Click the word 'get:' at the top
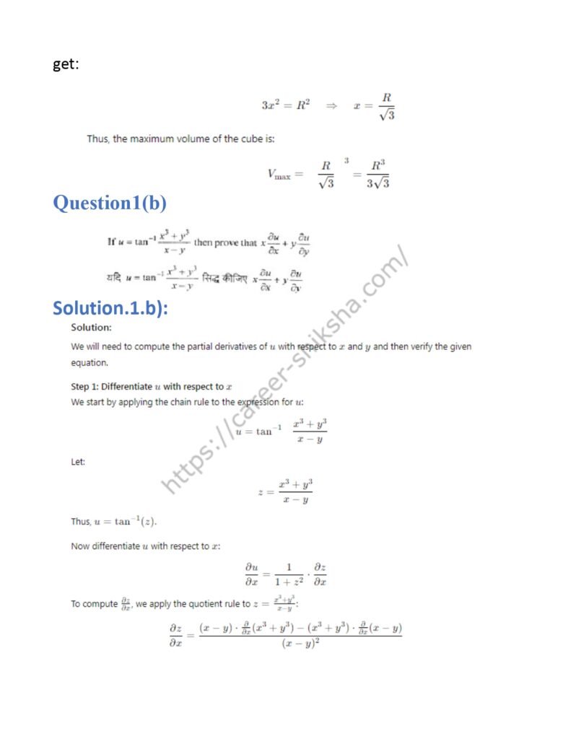[66, 65]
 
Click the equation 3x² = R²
[285, 105]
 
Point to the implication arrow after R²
[331, 105]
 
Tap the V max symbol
[279, 174]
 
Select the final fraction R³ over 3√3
[378, 174]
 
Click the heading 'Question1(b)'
[110, 204]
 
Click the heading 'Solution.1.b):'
[110, 308]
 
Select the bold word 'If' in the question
[112, 242]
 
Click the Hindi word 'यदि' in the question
[113, 278]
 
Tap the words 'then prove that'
[225, 242]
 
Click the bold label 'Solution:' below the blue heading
[91, 328]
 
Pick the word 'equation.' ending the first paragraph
[89, 363]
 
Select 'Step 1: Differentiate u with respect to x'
[152, 387]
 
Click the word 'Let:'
[78, 462]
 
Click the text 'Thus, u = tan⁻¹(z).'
[113, 522]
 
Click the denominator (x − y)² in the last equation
[300, 644]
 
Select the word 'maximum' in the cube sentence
[165, 139]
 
